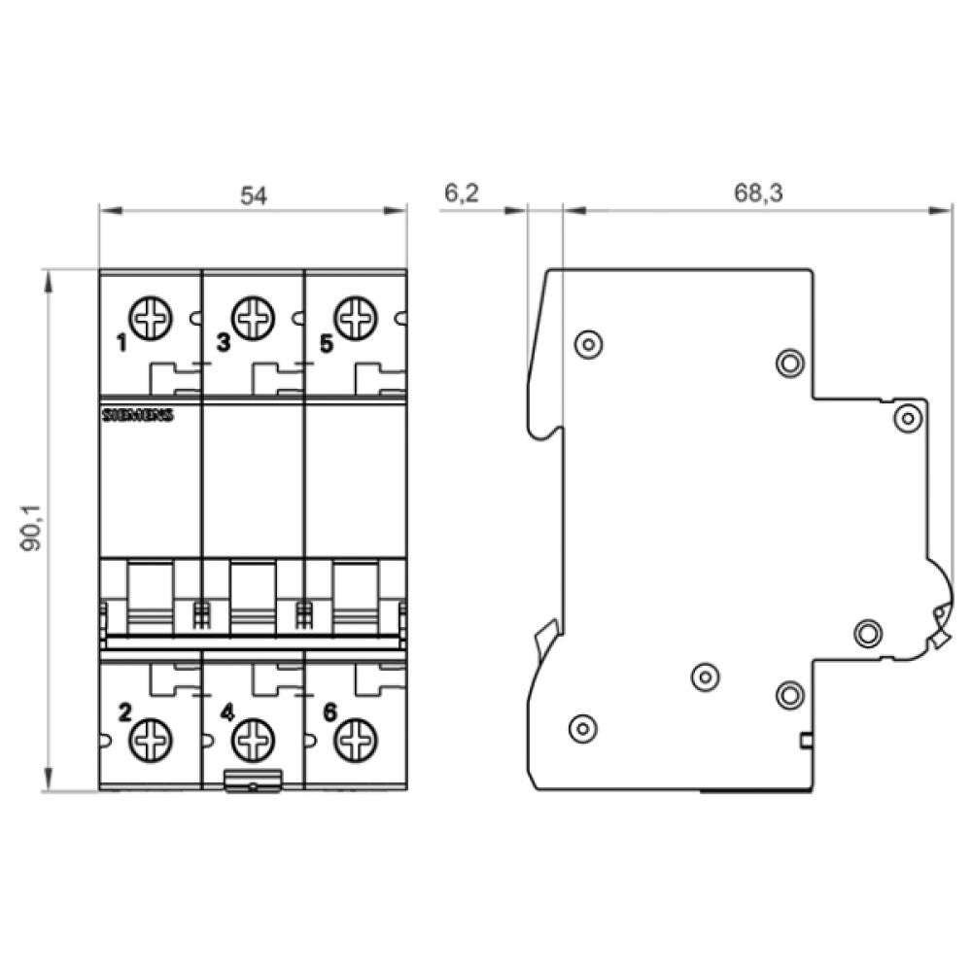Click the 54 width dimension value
(253, 195)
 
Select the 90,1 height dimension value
(33, 531)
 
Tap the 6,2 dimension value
(462, 193)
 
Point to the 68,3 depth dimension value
(758, 193)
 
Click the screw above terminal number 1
(151, 318)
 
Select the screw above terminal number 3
(254, 318)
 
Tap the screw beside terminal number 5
(355, 318)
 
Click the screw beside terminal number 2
(151, 741)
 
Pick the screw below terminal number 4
(253, 741)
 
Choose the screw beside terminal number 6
(355, 741)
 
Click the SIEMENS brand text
(137, 415)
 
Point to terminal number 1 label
(121, 342)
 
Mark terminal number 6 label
(329, 713)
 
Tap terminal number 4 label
(226, 713)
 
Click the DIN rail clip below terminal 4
(253, 780)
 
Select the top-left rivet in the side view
(589, 343)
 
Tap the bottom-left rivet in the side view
(581, 727)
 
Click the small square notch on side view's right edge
(806, 743)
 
